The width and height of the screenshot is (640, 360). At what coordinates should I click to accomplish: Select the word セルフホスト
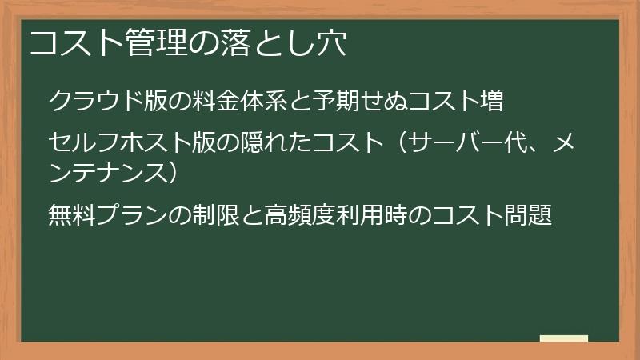(x=120, y=143)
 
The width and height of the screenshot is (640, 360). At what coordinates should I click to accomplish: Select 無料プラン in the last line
(x=108, y=215)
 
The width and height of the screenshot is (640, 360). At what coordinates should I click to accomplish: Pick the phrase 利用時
(x=366, y=215)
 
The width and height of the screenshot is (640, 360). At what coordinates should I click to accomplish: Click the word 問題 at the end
(x=528, y=215)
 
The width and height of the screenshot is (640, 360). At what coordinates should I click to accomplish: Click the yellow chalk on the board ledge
(x=563, y=338)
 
